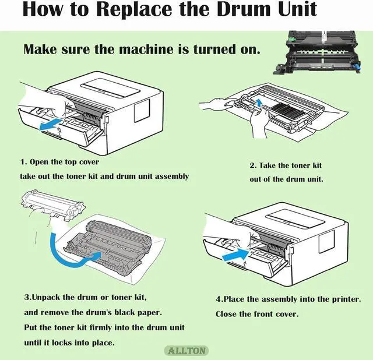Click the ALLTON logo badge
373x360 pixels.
[186, 351]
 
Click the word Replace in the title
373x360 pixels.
[134, 9]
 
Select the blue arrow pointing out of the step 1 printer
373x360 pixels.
[51, 125]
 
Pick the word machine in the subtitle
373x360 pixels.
[146, 49]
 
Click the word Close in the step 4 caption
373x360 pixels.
[226, 314]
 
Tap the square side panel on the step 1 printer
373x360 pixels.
[142, 110]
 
